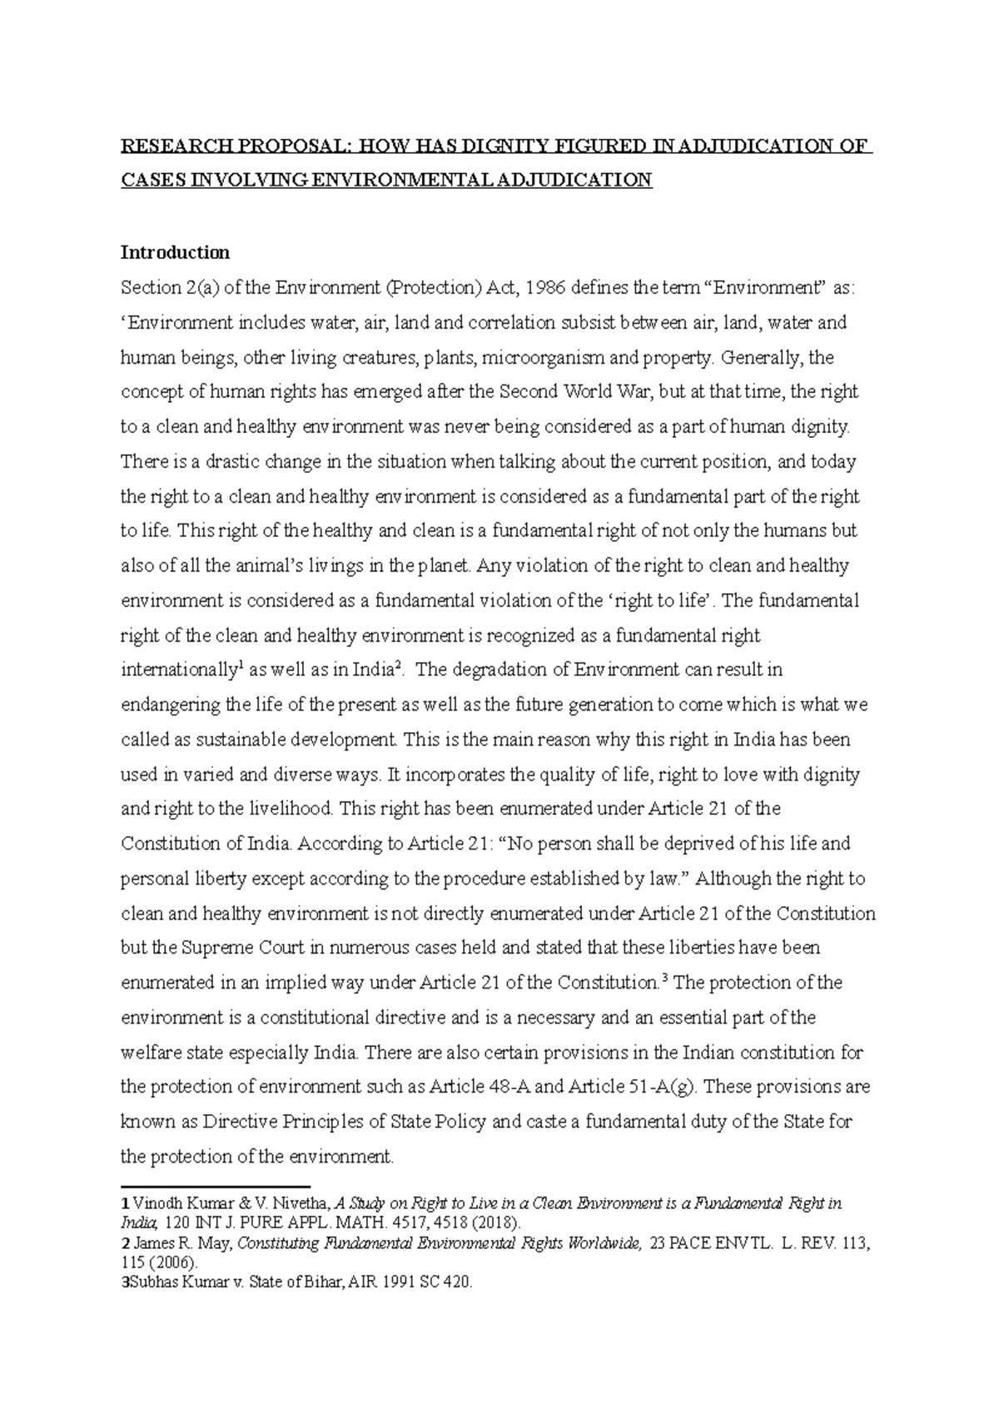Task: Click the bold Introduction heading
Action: pyautogui.click(x=175, y=252)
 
